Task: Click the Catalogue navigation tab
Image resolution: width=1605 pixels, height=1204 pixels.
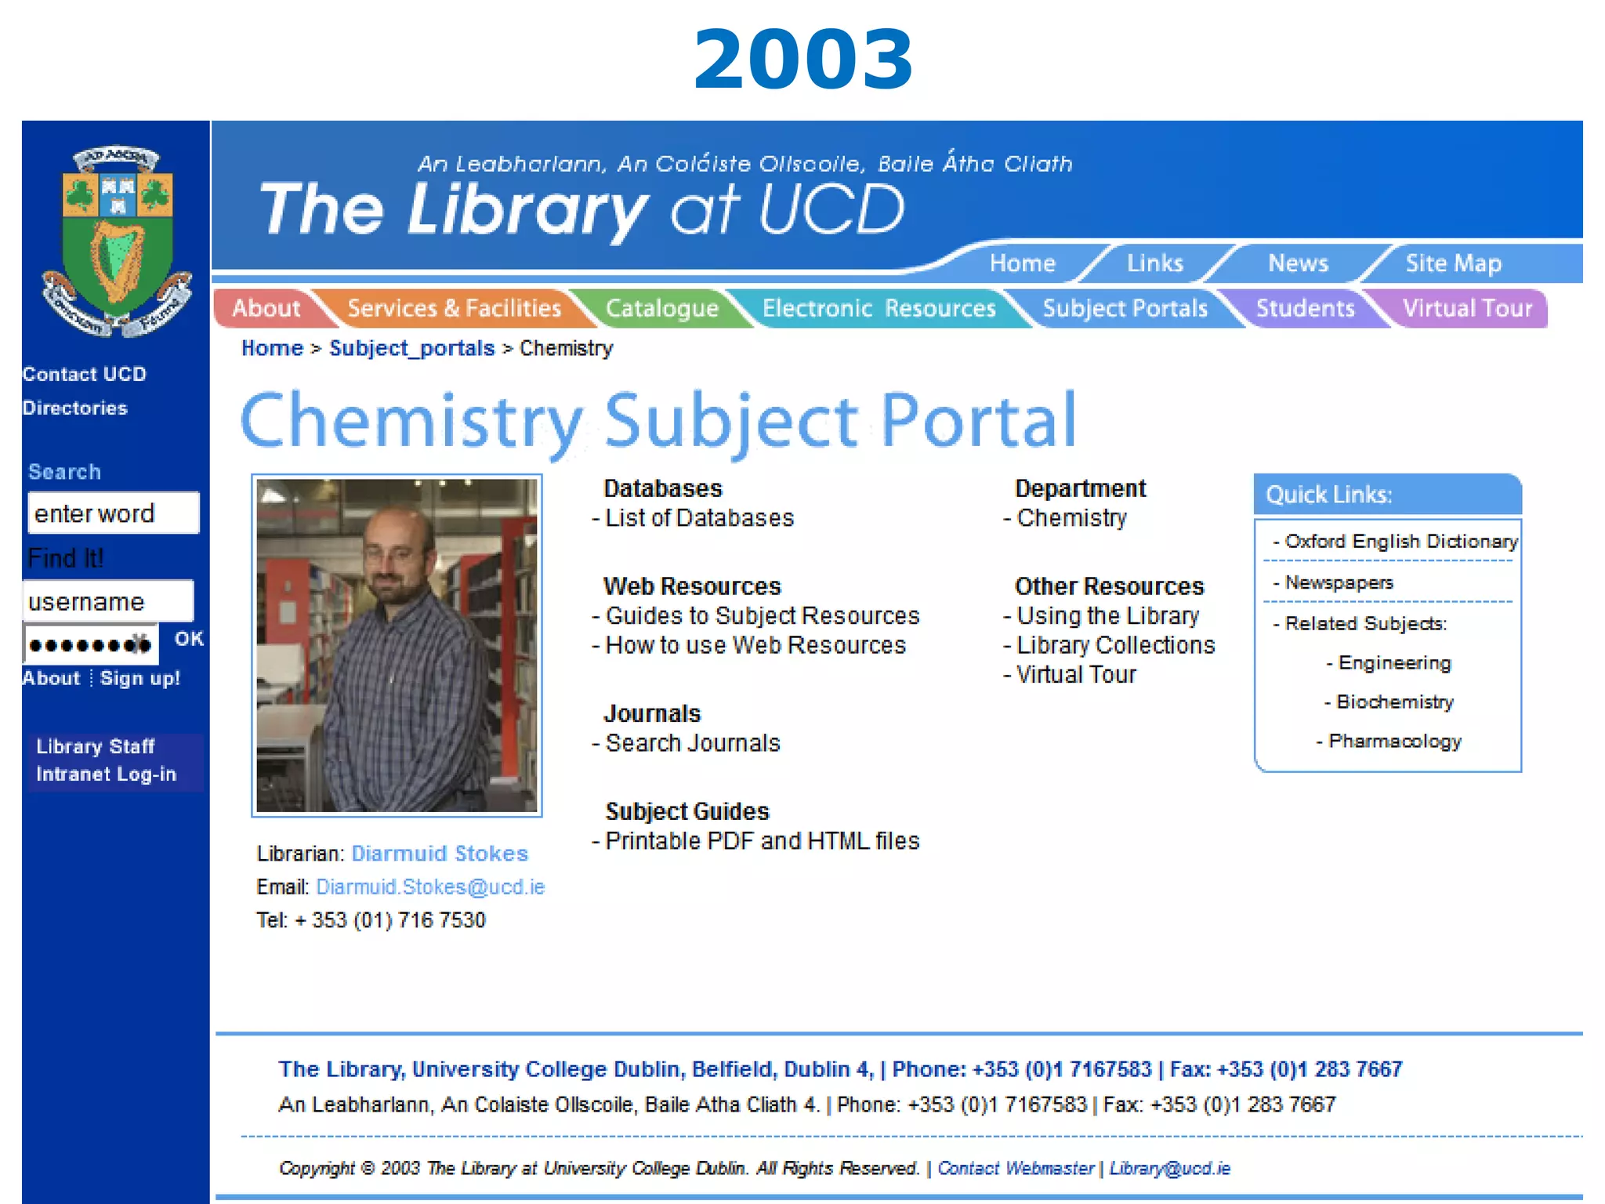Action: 661,308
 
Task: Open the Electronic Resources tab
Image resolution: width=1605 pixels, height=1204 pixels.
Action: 879,308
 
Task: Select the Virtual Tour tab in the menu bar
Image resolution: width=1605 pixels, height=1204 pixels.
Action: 1466,308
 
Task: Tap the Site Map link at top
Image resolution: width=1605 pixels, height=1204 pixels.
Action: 1453,263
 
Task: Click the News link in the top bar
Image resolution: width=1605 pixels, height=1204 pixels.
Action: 1298,263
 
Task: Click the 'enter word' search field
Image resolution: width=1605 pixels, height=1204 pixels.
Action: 114,513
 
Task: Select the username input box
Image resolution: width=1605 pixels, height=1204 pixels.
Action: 108,601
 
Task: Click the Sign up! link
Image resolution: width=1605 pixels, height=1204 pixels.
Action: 140,678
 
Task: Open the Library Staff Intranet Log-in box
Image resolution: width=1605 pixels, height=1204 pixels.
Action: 107,760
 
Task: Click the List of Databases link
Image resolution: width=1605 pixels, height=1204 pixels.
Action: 699,518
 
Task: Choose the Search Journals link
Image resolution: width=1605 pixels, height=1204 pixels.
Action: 693,743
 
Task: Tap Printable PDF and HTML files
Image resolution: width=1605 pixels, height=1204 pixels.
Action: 762,841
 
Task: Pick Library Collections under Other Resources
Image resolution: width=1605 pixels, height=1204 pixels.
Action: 1115,645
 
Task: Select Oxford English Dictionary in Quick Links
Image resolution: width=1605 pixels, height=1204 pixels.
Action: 1400,542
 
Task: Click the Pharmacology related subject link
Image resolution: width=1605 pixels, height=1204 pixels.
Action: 1394,742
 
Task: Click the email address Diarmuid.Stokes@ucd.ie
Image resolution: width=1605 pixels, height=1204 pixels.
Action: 430,887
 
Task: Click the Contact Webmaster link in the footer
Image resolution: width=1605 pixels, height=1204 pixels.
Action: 1016,1169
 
